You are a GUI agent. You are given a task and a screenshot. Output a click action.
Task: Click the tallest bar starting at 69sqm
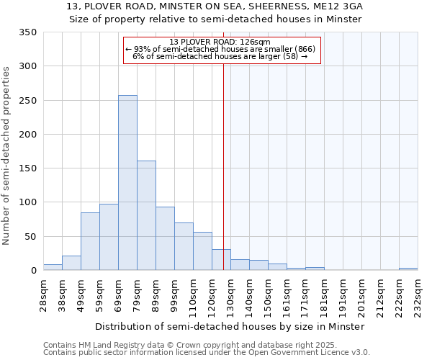tap(127, 183)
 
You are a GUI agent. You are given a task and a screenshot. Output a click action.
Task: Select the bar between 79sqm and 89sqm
tap(146, 215)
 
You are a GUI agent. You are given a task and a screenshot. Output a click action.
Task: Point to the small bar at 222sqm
tap(408, 269)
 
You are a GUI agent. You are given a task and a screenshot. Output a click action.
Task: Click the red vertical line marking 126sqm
tap(223, 166)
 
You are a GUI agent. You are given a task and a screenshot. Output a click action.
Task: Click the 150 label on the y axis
tap(28, 168)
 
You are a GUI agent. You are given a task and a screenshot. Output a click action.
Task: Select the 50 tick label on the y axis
tap(31, 237)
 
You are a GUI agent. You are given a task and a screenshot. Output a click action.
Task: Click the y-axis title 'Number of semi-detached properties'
tap(7, 156)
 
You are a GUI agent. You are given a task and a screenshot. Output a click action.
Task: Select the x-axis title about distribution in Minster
tap(230, 326)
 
